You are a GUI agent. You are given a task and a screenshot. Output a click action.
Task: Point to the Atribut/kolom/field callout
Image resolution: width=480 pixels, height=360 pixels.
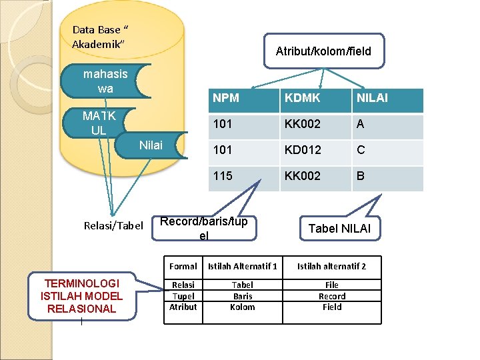pyautogui.click(x=323, y=51)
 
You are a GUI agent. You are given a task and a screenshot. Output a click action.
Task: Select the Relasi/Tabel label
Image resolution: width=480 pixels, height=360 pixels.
pyautogui.click(x=113, y=226)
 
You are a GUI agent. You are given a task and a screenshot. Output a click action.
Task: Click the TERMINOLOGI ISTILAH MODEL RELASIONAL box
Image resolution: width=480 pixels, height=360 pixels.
pyautogui.click(x=81, y=296)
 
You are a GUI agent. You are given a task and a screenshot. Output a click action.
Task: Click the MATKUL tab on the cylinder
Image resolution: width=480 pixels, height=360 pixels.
pyautogui.click(x=99, y=123)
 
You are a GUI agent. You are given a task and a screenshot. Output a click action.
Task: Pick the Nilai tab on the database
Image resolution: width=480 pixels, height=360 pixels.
pyautogui.click(x=151, y=145)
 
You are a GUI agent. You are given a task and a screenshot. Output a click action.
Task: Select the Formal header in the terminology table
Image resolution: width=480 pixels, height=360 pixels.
pyautogui.click(x=183, y=266)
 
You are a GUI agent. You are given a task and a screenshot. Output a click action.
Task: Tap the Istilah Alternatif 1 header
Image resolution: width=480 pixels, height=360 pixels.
pyautogui.click(x=242, y=266)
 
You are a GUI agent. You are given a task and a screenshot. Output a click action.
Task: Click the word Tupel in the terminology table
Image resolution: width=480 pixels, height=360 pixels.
pyautogui.click(x=183, y=296)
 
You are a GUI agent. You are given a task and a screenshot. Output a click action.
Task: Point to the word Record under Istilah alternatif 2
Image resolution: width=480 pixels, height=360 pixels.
pyautogui.click(x=331, y=296)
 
